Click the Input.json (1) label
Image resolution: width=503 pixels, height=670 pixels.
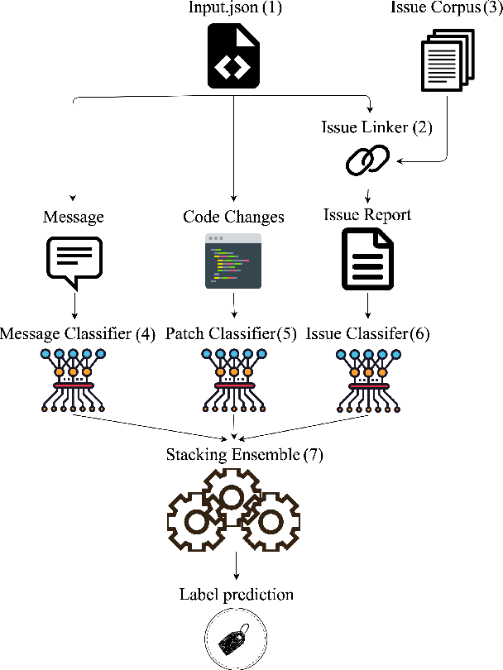(x=236, y=9)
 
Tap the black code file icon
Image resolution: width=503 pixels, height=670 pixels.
(x=235, y=55)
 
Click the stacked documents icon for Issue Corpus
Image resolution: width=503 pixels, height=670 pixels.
(x=445, y=59)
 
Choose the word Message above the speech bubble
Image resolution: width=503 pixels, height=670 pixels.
(x=74, y=217)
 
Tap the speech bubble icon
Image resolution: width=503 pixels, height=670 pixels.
(x=73, y=261)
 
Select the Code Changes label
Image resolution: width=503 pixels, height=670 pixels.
(x=233, y=217)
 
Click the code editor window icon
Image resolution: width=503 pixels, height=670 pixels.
(x=233, y=261)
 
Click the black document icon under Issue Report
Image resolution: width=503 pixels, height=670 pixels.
(x=366, y=261)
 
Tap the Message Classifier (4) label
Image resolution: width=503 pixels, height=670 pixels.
(x=78, y=334)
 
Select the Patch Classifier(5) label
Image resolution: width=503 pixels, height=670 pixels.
(x=229, y=334)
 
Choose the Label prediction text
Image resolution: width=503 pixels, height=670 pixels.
(x=237, y=595)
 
